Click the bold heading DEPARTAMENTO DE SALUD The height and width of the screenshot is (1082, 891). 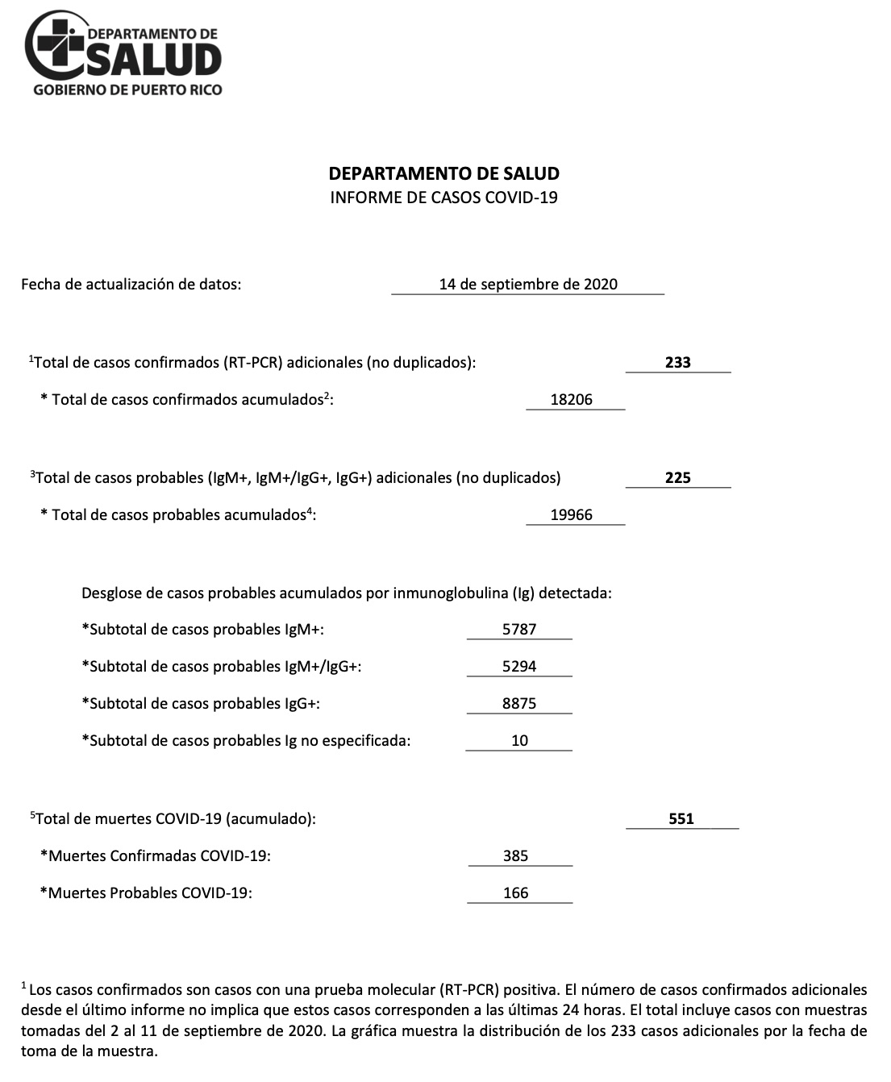click(443, 173)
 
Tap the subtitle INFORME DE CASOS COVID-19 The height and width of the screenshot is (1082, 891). click(443, 198)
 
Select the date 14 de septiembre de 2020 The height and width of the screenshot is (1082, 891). click(528, 284)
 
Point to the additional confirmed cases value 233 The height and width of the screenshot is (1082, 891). click(677, 363)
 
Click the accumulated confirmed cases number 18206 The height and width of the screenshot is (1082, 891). click(572, 399)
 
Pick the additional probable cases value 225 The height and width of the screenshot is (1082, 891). click(677, 478)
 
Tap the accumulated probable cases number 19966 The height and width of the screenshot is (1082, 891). click(572, 515)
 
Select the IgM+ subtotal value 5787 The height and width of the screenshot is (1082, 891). click(519, 630)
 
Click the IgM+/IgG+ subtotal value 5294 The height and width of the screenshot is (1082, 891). click(519, 667)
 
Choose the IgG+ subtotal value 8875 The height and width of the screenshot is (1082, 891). click(519, 704)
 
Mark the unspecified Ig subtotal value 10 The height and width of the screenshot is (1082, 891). click(519, 741)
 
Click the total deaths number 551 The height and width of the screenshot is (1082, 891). click(681, 819)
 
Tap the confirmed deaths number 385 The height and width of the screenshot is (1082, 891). click(516, 856)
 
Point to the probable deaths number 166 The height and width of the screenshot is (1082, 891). click(516, 893)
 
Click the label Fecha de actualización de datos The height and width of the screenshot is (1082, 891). click(131, 284)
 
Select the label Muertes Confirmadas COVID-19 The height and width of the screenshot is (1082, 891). click(156, 856)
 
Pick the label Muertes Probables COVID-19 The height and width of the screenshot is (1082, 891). click(146, 893)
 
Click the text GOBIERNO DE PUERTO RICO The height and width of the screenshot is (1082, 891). click(127, 90)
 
